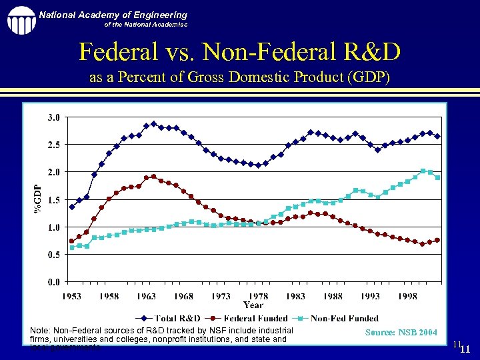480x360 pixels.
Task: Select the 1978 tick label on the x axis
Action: click(x=259, y=296)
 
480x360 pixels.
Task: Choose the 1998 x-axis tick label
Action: click(x=408, y=296)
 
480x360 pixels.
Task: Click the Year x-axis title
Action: click(x=253, y=305)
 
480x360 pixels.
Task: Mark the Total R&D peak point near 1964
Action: click(x=154, y=124)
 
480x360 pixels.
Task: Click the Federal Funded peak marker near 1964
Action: click(x=154, y=177)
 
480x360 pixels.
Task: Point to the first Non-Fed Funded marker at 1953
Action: click(x=72, y=247)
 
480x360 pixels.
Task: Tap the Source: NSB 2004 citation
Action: click(x=401, y=332)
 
